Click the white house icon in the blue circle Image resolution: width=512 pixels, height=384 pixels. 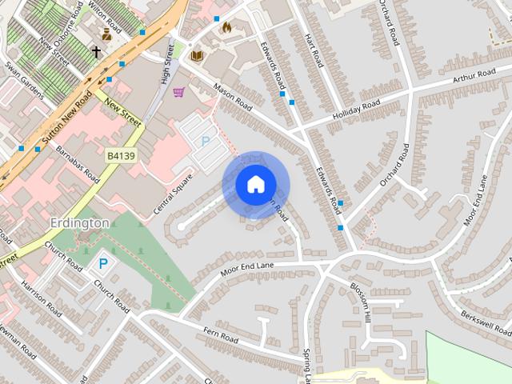(254, 185)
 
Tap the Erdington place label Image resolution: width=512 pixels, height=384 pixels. (78, 222)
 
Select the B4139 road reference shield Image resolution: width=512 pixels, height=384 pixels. (119, 156)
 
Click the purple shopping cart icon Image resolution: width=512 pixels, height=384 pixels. (178, 92)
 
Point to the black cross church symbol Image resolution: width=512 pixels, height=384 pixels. (96, 52)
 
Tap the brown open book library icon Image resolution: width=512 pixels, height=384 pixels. (197, 55)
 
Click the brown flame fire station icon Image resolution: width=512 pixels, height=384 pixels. (226, 28)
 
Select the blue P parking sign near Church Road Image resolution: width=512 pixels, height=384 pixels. (102, 262)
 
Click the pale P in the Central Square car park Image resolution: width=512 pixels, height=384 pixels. (205, 141)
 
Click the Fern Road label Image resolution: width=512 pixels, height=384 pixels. (221, 335)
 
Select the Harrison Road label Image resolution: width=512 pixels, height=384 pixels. (41, 297)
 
